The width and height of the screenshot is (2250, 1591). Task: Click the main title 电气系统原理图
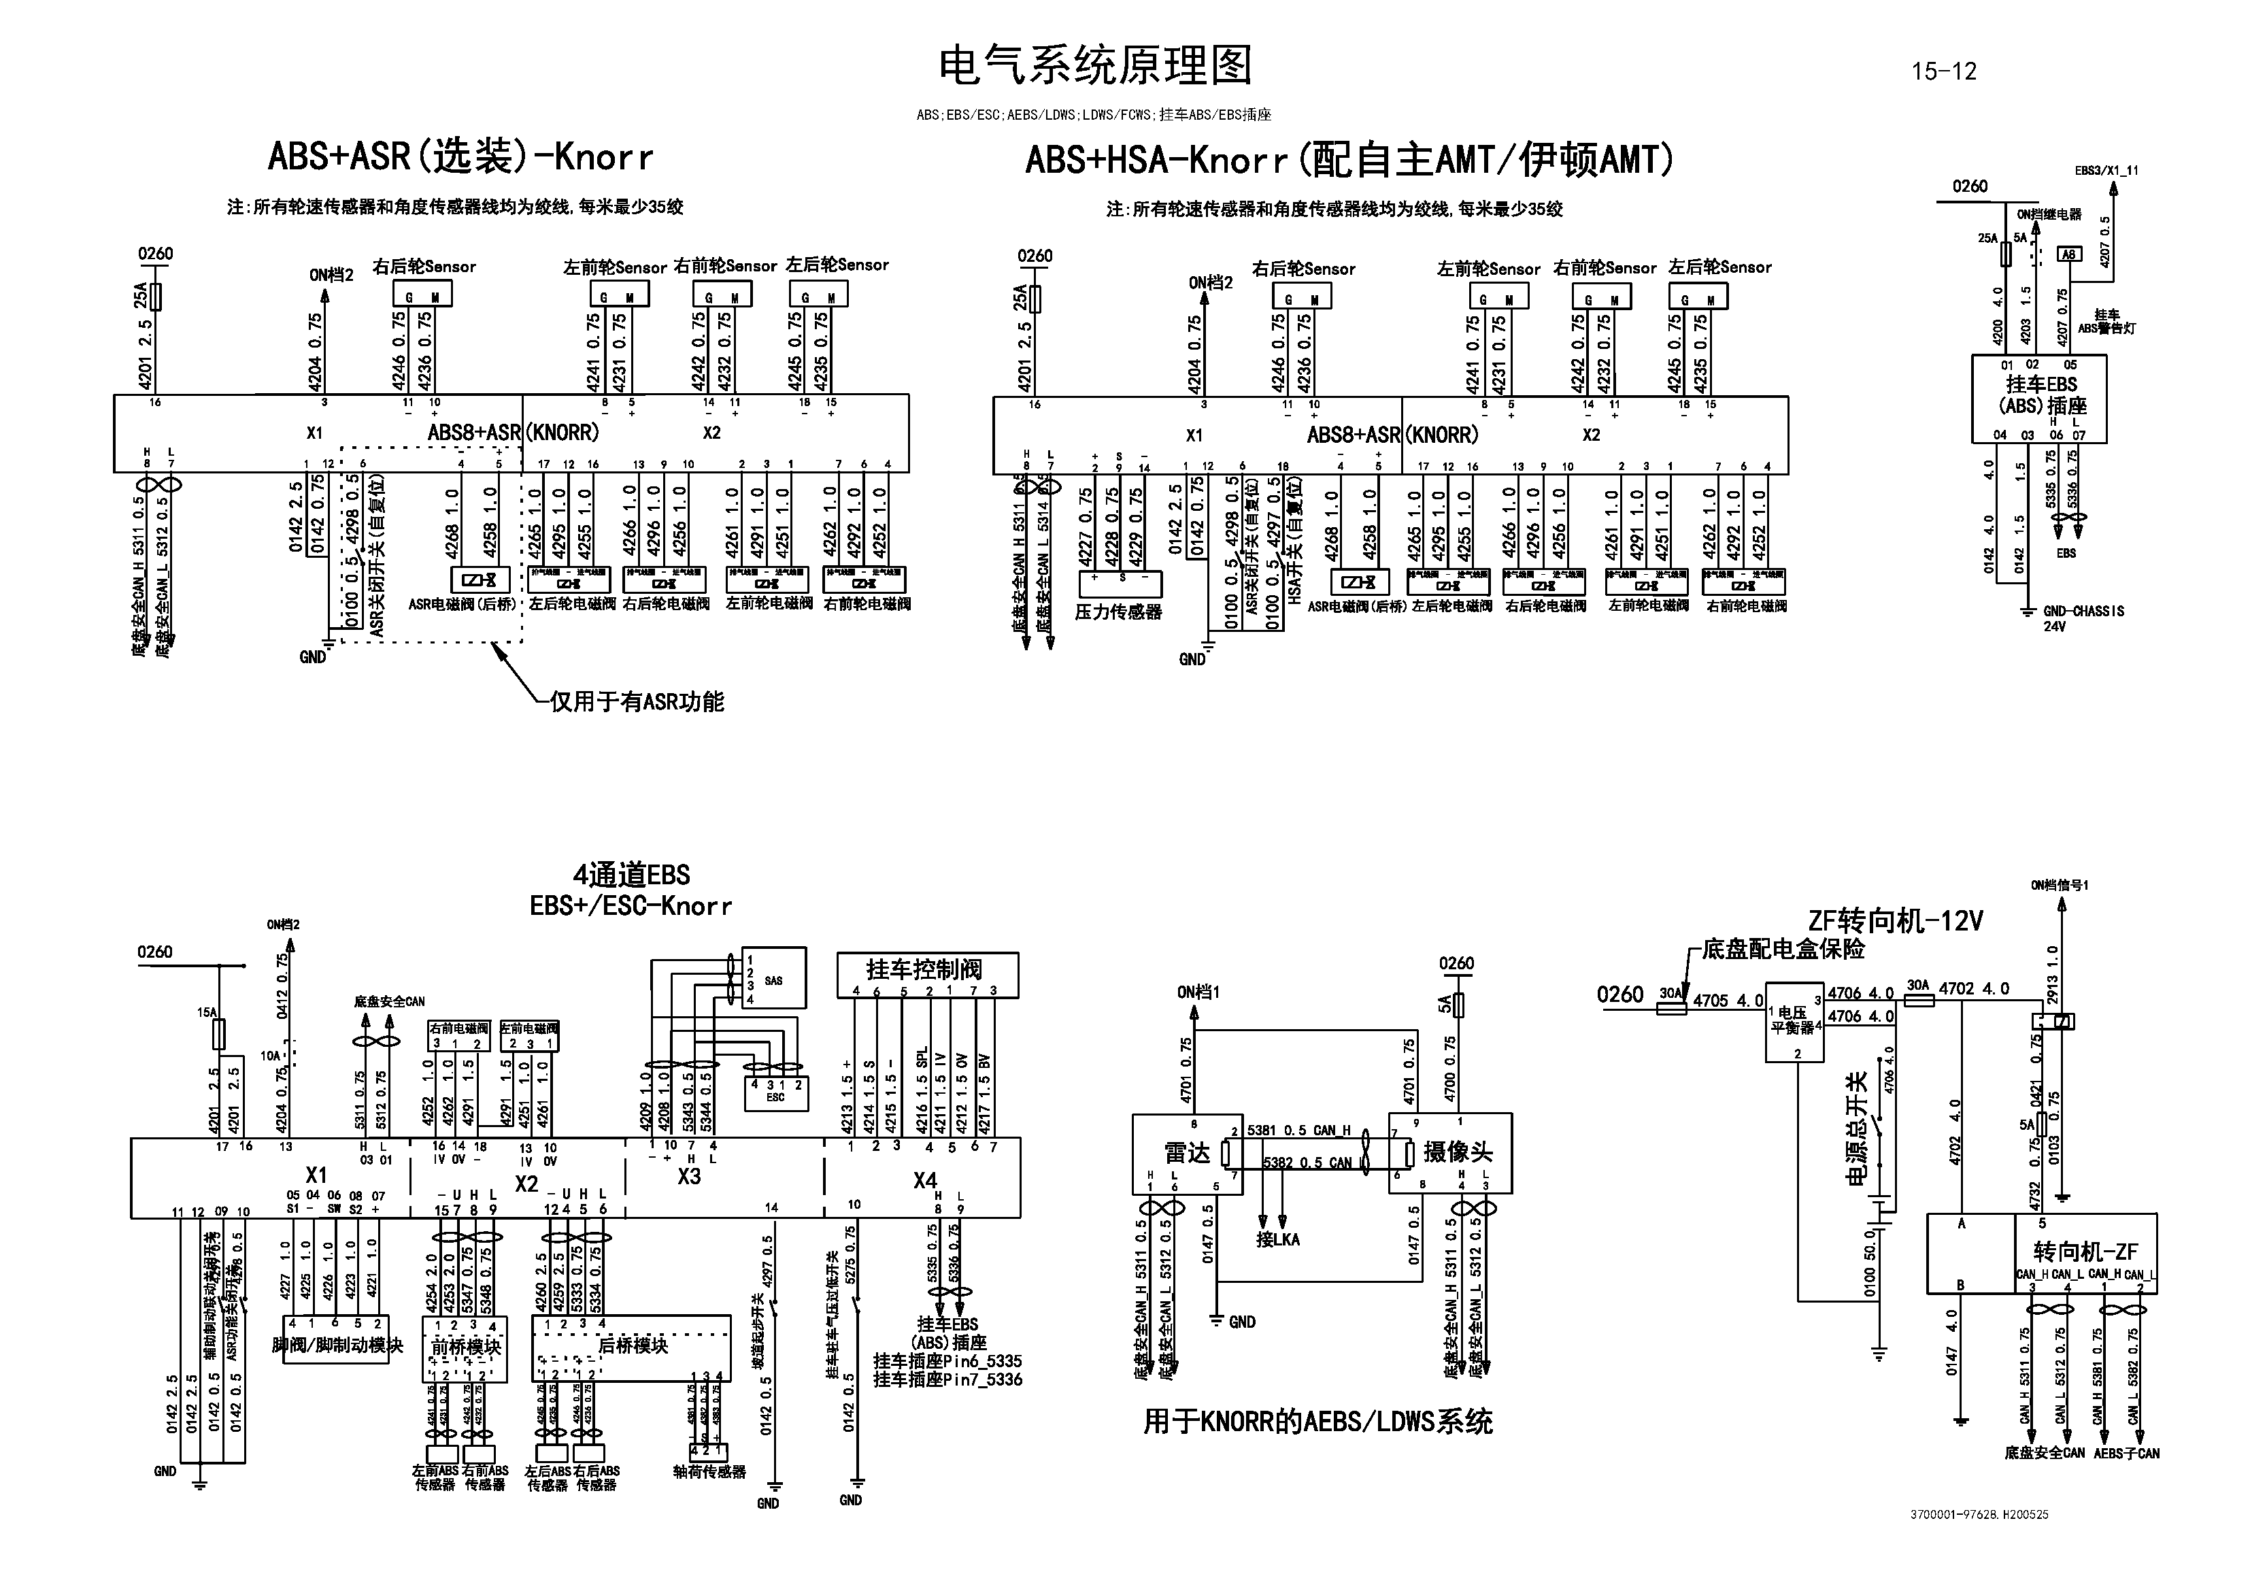(1094, 66)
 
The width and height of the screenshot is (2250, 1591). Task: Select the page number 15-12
(1943, 71)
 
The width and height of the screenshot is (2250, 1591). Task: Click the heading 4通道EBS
(631, 875)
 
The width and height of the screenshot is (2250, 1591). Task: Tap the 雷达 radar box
(1187, 1153)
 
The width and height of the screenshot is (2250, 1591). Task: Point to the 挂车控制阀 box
(927, 971)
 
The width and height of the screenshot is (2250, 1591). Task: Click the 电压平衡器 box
(1794, 1020)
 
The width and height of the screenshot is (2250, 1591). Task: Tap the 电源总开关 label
(1856, 1127)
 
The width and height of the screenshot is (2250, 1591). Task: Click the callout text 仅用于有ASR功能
(637, 702)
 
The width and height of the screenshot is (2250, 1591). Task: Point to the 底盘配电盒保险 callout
(1783, 949)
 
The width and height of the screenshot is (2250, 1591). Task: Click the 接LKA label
(1278, 1239)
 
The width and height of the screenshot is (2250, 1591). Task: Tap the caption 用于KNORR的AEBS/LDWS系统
(1317, 1422)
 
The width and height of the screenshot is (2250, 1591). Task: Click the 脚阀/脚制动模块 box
(337, 1345)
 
